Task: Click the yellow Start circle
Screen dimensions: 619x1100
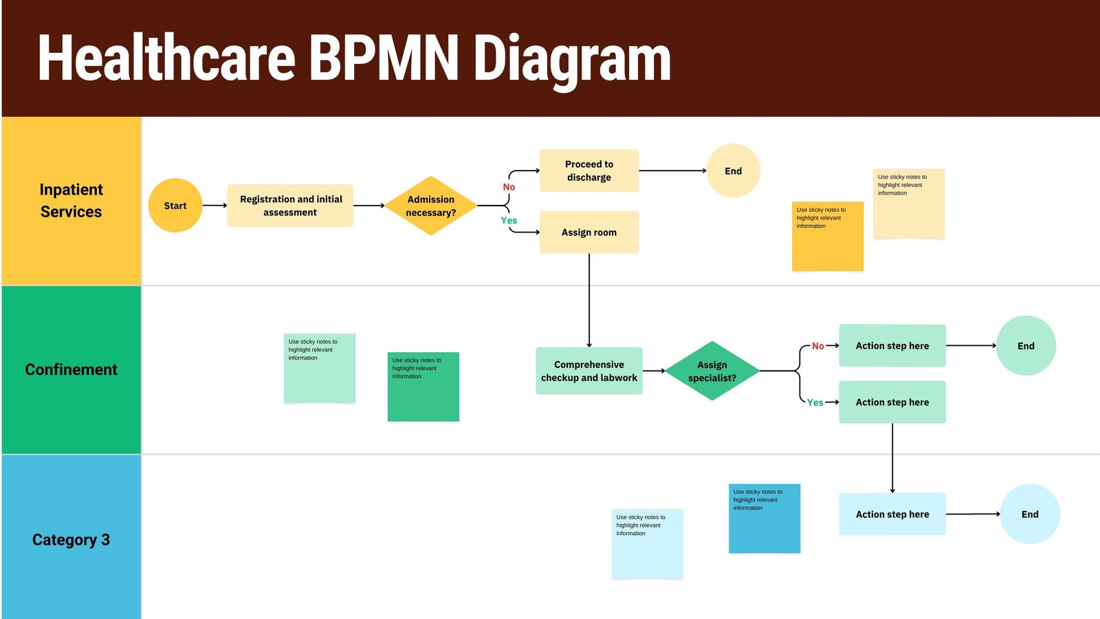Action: pos(175,205)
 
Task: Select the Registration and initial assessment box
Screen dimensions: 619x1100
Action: pos(290,205)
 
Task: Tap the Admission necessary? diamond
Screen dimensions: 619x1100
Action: pos(430,206)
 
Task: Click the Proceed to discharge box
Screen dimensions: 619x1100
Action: pos(588,171)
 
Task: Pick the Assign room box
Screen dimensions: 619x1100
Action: pos(588,232)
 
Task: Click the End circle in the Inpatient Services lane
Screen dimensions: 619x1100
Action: pos(733,171)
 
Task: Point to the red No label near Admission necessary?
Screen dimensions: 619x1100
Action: pos(509,187)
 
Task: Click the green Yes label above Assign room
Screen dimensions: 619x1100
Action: pos(509,220)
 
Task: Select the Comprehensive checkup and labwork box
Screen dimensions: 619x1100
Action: pos(588,371)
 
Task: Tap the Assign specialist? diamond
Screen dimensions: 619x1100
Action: pos(712,371)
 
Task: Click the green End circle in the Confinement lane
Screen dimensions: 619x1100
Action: pos(1025,345)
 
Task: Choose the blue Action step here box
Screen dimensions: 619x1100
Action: pos(892,514)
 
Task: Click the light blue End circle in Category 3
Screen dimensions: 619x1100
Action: pos(1029,514)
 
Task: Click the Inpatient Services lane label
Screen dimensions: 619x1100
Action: pos(71,200)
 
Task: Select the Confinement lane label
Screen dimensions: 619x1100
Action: pos(71,369)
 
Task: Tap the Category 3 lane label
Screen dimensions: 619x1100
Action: pos(71,539)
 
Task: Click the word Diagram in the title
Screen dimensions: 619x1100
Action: pos(572,59)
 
